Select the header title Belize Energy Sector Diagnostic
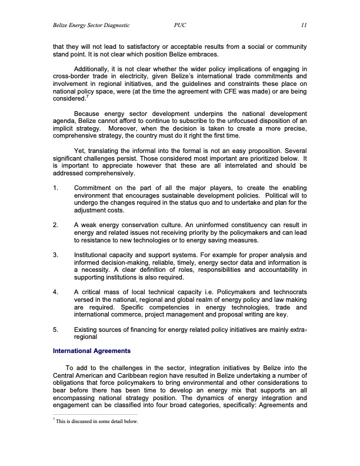pyautogui.click(x=91, y=25)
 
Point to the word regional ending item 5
pyautogui.click(x=86, y=338)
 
